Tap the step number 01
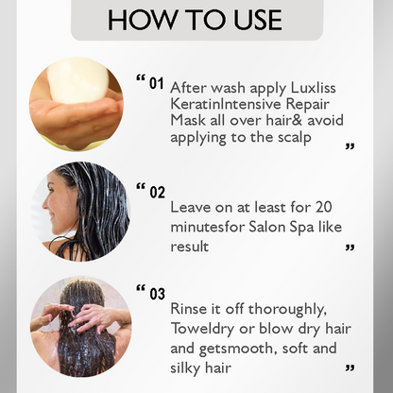click(x=157, y=84)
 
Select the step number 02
click(x=157, y=192)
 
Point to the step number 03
click(x=157, y=294)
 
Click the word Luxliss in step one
click(x=313, y=88)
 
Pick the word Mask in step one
click(x=187, y=120)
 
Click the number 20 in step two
click(x=323, y=207)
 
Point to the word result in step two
click(x=190, y=247)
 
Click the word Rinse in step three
click(x=189, y=309)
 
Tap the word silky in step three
click(x=185, y=367)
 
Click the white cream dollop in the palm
click(x=78, y=81)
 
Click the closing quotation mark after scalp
click(x=350, y=146)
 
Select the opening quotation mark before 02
click(x=141, y=187)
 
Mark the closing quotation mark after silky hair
click(x=350, y=367)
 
